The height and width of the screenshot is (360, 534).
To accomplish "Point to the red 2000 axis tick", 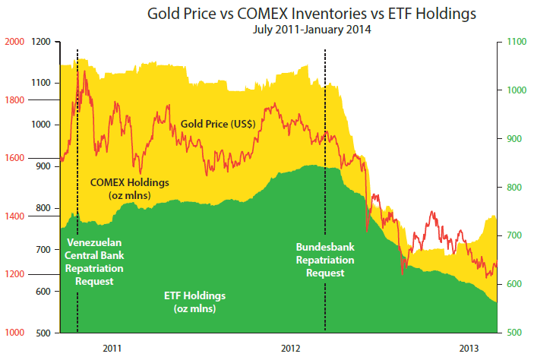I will tap(14, 43).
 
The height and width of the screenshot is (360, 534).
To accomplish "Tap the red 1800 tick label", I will tap(14, 100).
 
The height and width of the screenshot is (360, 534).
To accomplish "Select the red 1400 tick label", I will tap(14, 216).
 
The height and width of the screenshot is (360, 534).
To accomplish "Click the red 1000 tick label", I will tap(14, 333).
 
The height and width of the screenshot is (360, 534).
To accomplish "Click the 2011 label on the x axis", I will tap(112, 348).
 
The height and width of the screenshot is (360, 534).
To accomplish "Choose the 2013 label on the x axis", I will tap(470, 348).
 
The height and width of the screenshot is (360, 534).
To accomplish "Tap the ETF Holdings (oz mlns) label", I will tap(195, 302).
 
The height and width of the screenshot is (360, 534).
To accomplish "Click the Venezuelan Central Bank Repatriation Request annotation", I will tap(95, 262).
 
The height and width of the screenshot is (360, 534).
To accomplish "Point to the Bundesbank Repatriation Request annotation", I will tap(325, 259).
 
